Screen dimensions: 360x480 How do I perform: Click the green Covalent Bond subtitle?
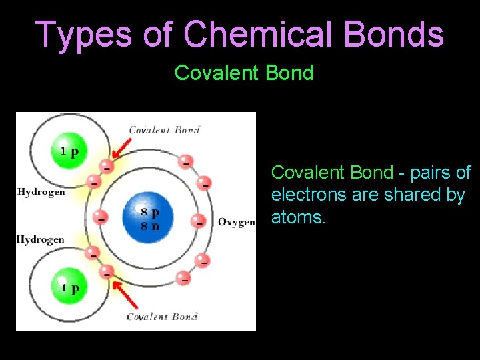pos(244,73)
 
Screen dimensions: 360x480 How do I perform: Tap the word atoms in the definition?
pos(298,217)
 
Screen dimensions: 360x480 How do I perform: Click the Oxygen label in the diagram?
pos(236,222)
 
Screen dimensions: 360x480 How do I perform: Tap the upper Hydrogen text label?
pos(41,192)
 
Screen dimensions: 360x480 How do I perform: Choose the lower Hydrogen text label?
pos(41,239)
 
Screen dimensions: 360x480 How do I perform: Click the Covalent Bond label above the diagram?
pos(164,130)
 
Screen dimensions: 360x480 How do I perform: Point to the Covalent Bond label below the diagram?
pos(162,316)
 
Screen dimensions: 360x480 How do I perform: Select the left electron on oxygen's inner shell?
pos(101,217)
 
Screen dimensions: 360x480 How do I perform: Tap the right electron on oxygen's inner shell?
pos(197,220)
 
